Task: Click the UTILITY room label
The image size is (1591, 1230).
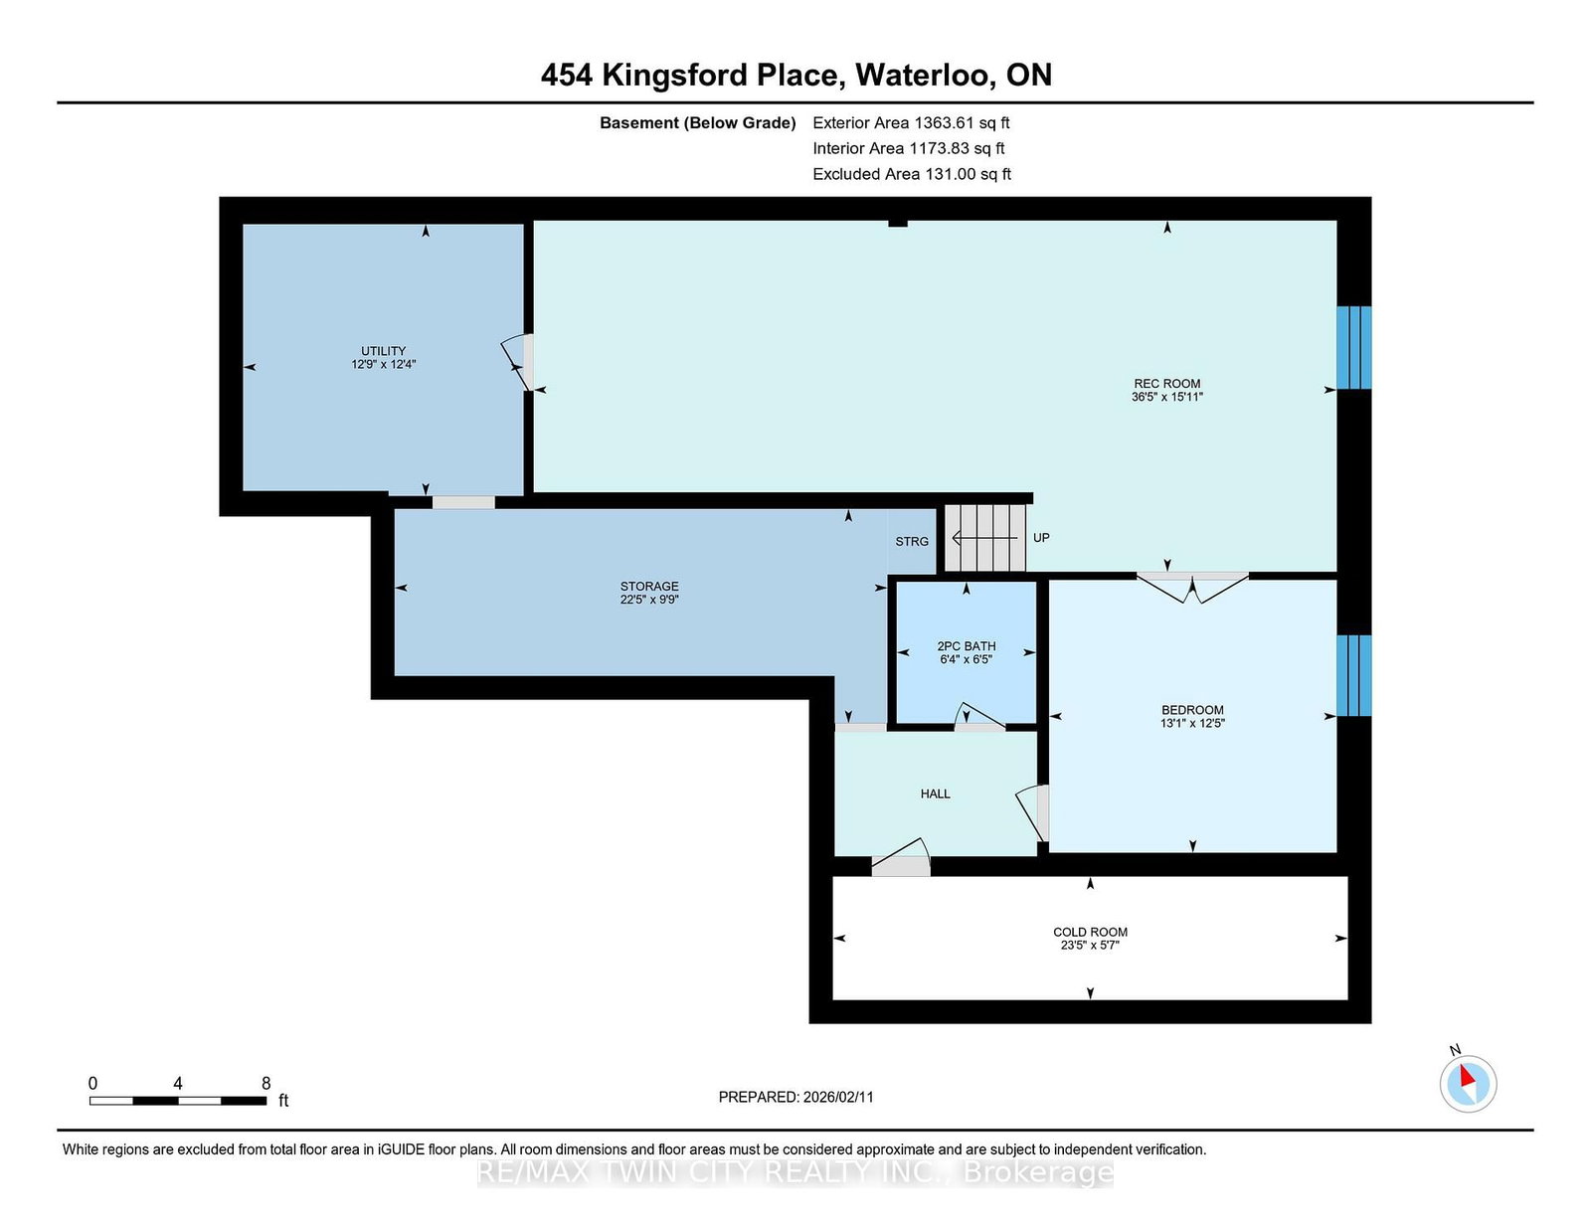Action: coord(383,351)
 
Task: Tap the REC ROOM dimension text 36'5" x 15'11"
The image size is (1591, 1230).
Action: coord(1167,397)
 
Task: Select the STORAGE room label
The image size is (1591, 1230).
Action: coord(649,587)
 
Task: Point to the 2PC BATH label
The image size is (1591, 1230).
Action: coord(967,646)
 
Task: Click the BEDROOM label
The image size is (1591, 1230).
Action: coord(1192,710)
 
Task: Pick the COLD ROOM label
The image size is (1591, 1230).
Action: coord(1090,932)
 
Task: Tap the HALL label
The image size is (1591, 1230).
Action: coord(935,793)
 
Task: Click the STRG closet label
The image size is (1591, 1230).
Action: coord(912,541)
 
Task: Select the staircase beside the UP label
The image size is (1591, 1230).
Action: coord(984,537)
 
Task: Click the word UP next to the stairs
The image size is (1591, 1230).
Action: coord(1041,537)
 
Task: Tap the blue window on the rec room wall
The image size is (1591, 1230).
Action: coord(1353,348)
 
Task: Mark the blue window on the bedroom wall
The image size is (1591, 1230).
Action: coord(1353,675)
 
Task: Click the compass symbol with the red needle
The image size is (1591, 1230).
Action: coord(1468,1084)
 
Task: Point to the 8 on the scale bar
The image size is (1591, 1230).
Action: coord(265,1084)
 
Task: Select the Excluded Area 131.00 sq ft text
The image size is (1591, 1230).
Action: coord(912,174)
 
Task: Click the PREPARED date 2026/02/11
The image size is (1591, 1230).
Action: coord(838,1097)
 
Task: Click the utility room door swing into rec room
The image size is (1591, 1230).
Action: coord(517,363)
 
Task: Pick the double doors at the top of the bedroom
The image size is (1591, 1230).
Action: coord(1192,588)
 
